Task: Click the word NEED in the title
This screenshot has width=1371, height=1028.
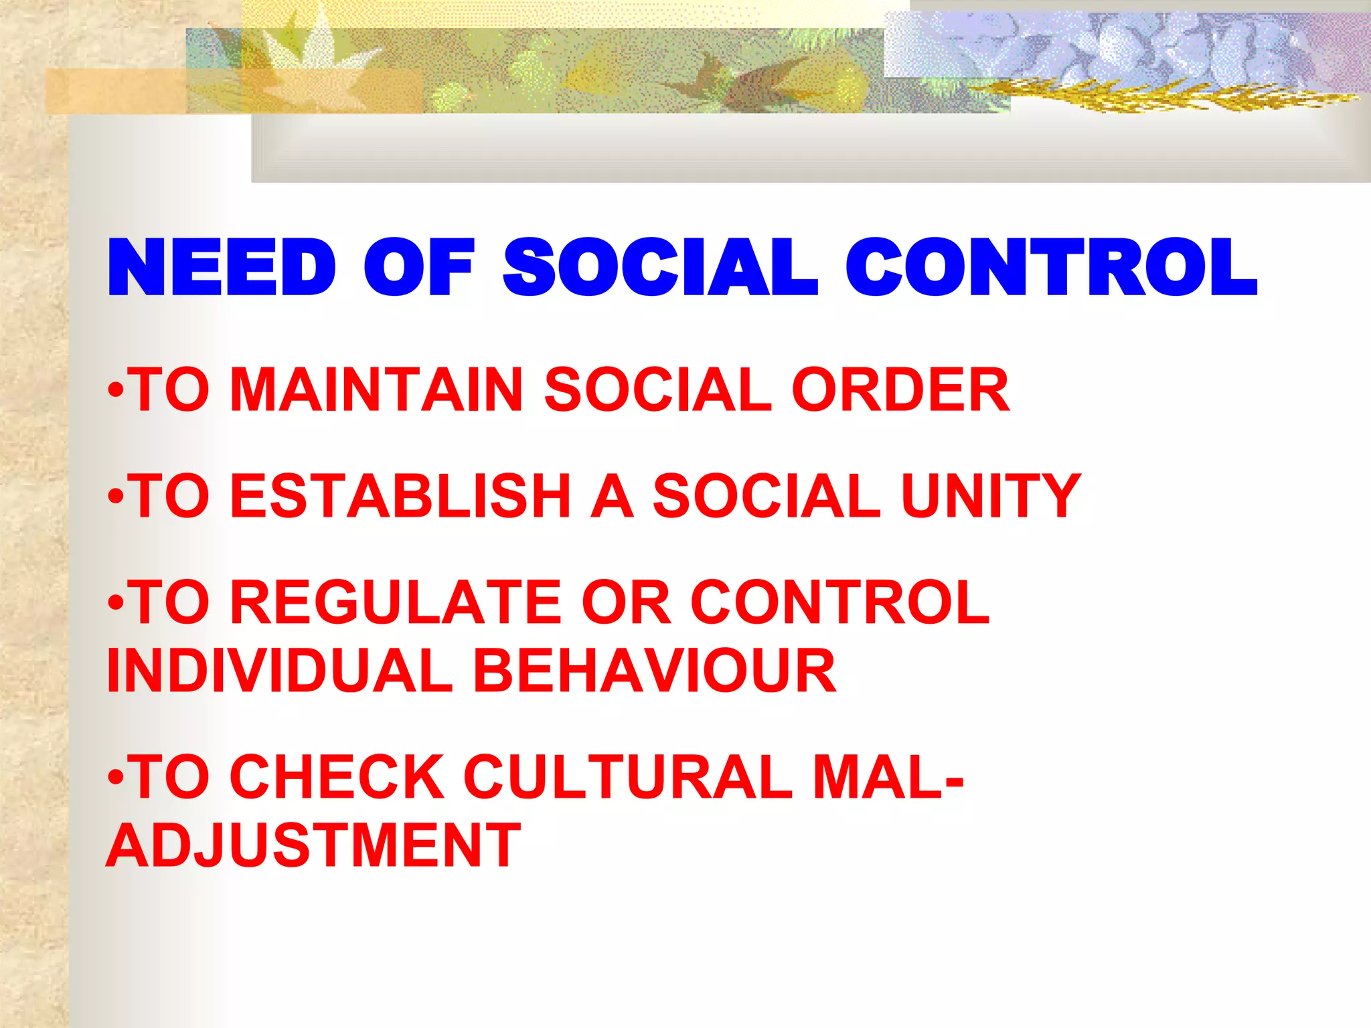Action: point(221,268)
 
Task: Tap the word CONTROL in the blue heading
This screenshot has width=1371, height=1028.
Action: point(1051,268)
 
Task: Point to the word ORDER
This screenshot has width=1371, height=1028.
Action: point(900,390)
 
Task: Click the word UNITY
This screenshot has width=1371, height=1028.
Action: point(991,496)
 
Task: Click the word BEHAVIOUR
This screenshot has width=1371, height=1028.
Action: point(655,671)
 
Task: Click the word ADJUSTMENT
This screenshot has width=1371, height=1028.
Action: point(313,845)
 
